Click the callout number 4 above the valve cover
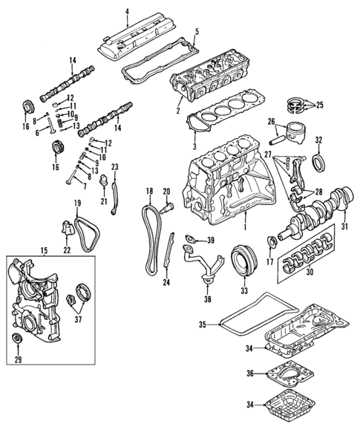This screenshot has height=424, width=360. tap(127, 11)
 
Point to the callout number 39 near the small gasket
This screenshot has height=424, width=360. tap(211, 239)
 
